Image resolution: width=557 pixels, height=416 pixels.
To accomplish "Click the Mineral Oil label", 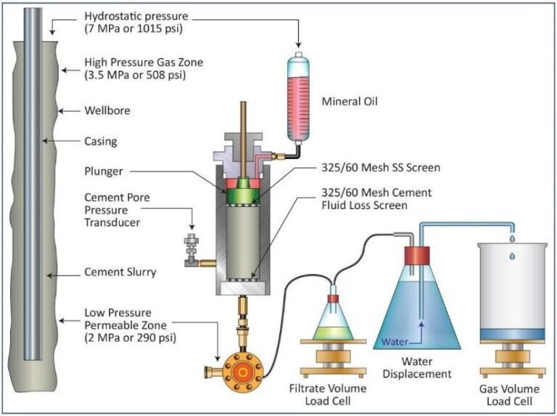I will [x=350, y=102].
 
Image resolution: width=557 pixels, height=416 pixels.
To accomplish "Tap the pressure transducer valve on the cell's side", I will [x=191, y=247].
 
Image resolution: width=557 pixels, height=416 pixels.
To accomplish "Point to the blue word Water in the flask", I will [x=395, y=340].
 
